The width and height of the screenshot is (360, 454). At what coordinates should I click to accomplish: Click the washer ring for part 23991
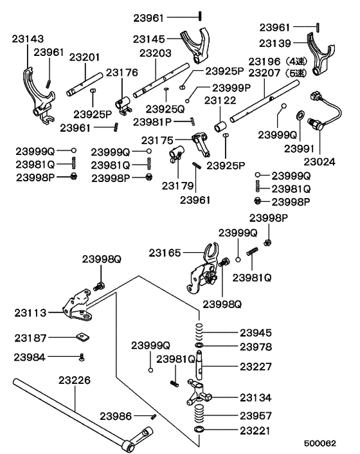coord(300,116)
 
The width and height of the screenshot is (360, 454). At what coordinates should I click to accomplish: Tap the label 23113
coord(30,313)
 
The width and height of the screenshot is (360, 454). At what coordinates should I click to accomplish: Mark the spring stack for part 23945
coord(201,333)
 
